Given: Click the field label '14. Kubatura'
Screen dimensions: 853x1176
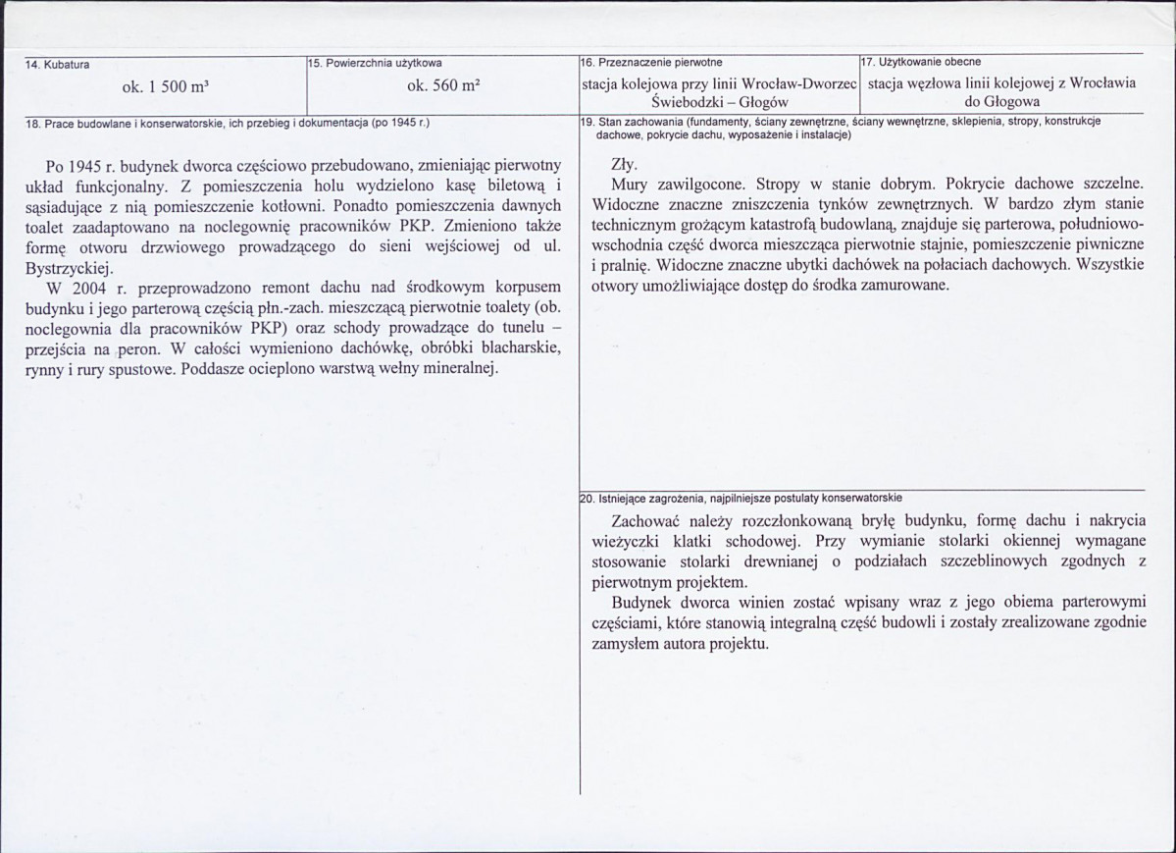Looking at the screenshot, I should (58, 65).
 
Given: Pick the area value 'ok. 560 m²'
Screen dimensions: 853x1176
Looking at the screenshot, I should (442, 86).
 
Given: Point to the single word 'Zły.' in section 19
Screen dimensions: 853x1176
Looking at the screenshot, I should (624, 164).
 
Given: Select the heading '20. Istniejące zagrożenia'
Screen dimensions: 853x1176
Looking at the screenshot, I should (667, 498).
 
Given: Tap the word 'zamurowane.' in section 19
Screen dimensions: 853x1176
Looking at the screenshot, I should (906, 286).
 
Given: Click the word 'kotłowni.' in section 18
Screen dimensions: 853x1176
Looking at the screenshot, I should (294, 205).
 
